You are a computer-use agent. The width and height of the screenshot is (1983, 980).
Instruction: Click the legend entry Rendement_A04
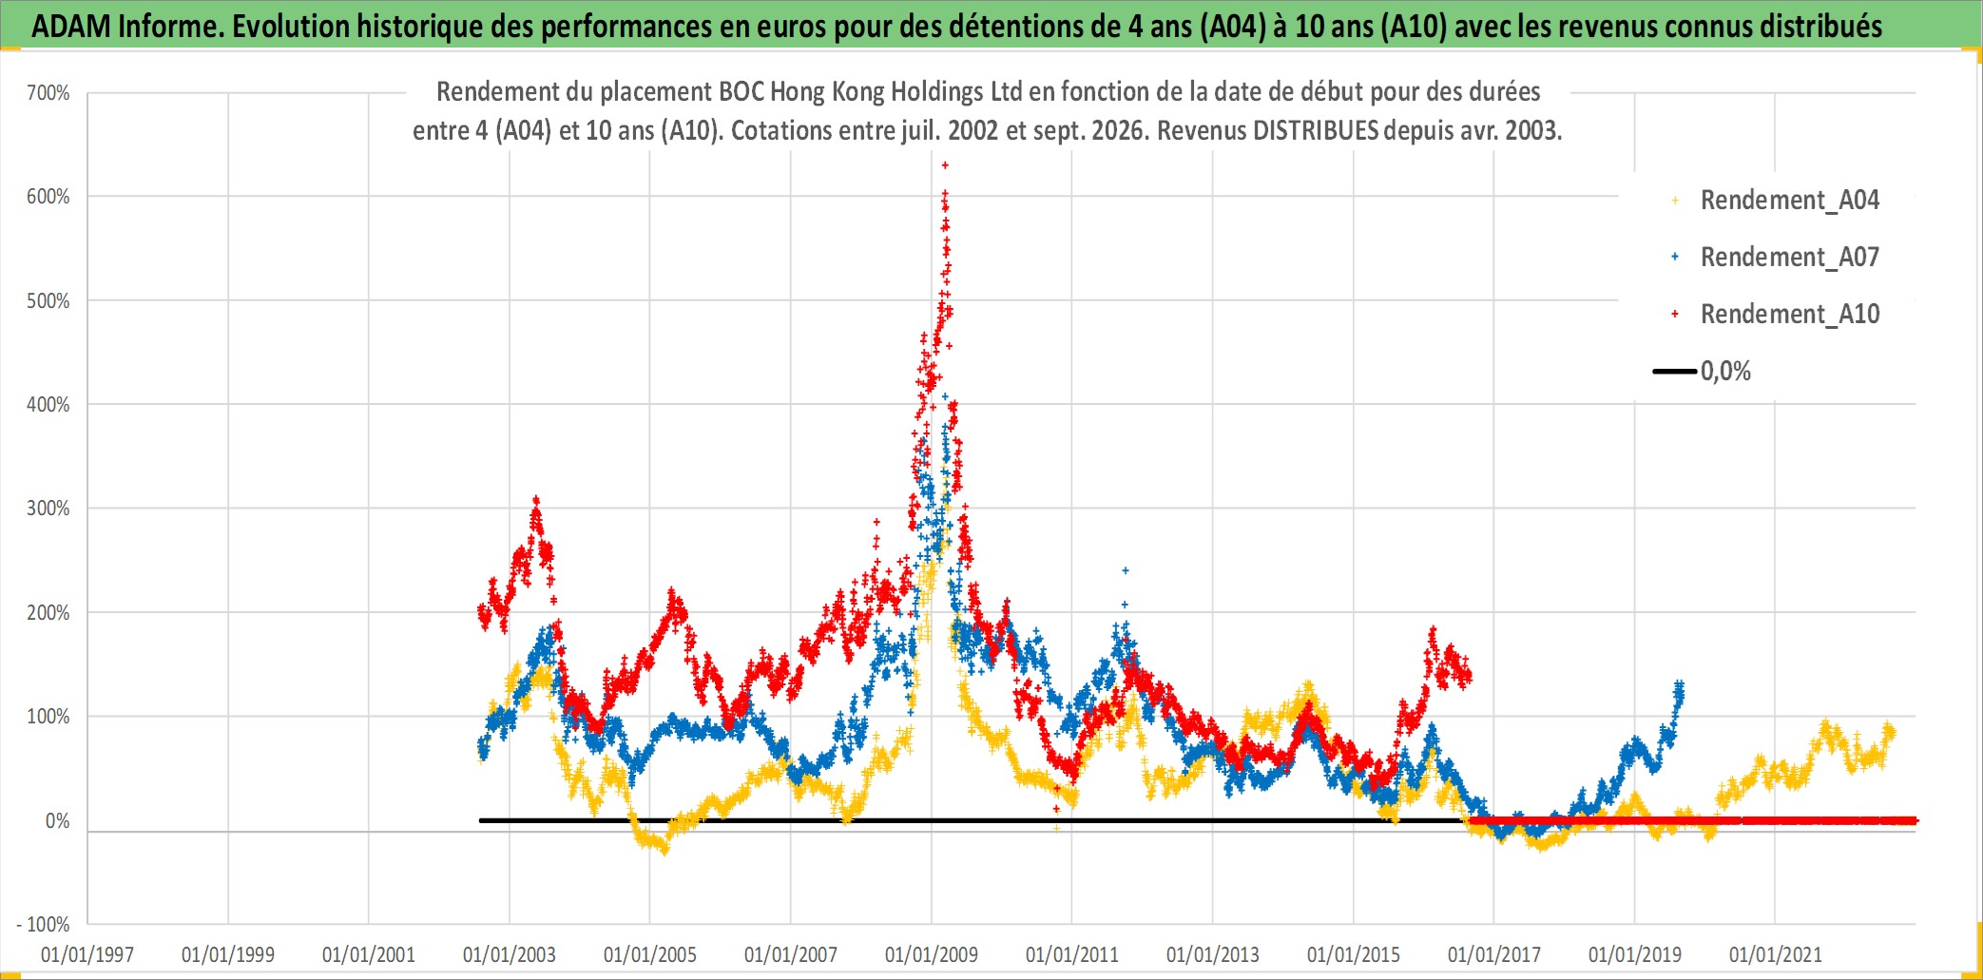click(x=1776, y=201)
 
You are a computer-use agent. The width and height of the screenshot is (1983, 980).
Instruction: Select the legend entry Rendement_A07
click(x=1776, y=258)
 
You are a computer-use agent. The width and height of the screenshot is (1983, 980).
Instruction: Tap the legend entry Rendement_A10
click(x=1776, y=315)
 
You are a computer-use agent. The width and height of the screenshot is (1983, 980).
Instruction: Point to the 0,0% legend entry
click(x=1703, y=371)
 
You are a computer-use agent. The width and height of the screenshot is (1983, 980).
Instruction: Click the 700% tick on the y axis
click(x=48, y=93)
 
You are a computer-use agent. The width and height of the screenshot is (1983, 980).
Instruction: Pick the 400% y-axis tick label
click(x=48, y=405)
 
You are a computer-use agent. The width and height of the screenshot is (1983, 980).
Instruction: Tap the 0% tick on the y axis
click(x=58, y=821)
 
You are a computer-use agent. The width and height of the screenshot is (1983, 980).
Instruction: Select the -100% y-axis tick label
click(x=44, y=925)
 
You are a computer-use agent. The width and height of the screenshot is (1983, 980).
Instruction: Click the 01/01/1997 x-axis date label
click(x=87, y=954)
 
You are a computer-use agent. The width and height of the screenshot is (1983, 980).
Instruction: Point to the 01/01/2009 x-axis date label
click(x=932, y=954)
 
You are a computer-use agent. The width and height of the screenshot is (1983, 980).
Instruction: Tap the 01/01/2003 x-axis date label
click(x=510, y=954)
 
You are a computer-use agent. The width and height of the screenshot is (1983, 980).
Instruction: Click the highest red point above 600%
click(x=945, y=165)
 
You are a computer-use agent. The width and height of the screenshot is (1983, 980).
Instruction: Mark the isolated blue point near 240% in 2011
click(x=1126, y=570)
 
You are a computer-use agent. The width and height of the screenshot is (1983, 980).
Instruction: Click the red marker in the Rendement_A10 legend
click(x=1675, y=314)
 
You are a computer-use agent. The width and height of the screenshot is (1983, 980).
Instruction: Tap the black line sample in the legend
click(x=1675, y=371)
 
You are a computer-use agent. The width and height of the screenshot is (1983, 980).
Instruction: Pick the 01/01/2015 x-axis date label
click(x=1354, y=954)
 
